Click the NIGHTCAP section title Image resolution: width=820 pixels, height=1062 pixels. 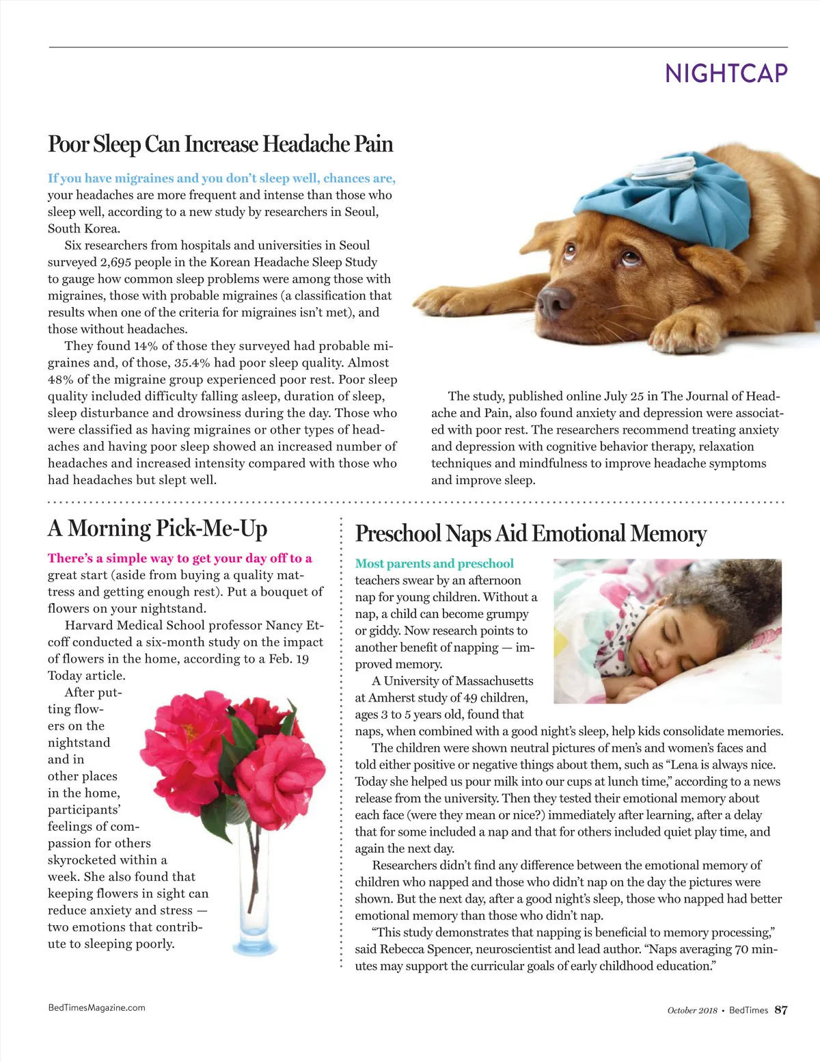coord(726,73)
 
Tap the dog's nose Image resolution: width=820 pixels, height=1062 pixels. coord(556,299)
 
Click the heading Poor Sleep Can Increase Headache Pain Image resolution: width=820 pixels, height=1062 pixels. coord(220,144)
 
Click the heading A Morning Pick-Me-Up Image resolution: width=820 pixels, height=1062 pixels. coord(157,528)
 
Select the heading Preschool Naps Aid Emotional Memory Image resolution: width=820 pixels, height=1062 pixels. coord(530,533)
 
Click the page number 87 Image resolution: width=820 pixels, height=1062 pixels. coord(781,1010)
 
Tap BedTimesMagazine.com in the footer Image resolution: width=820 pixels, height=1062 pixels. coord(96,1007)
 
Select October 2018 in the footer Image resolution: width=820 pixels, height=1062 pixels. coord(692,1010)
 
